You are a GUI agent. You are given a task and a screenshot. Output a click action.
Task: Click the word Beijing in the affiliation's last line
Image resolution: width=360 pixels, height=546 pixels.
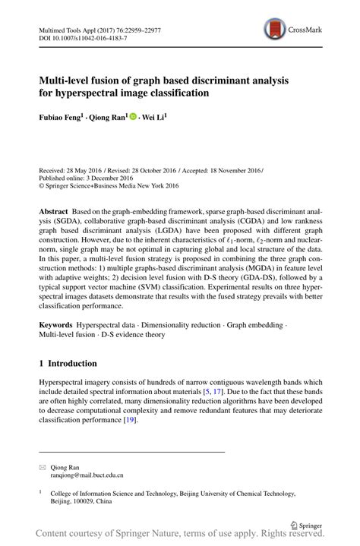(62, 502)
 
